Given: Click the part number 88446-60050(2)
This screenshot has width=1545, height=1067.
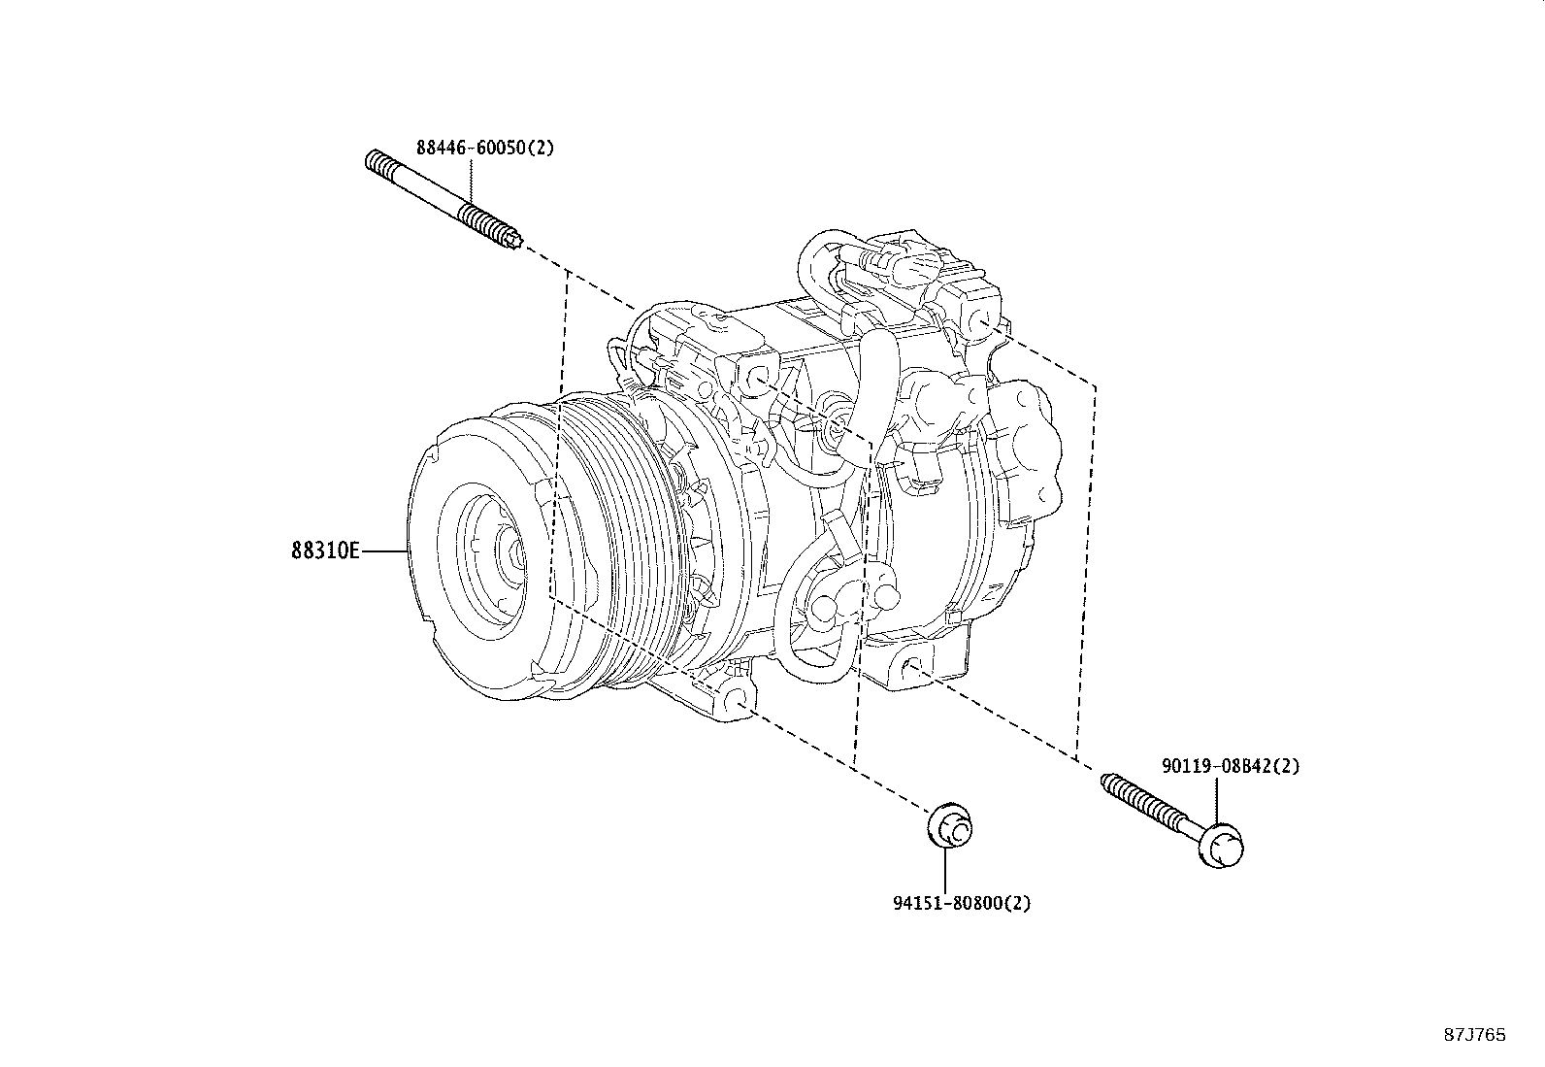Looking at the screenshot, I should (484, 148).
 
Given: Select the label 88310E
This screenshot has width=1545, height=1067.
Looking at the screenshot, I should (325, 551).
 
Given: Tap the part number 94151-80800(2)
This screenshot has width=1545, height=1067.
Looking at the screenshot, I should (961, 903).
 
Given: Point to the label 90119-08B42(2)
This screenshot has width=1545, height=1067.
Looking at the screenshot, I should (1230, 766).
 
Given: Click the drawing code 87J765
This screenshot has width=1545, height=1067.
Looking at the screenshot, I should (1474, 1035).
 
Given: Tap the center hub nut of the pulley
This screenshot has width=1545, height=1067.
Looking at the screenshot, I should (514, 555).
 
